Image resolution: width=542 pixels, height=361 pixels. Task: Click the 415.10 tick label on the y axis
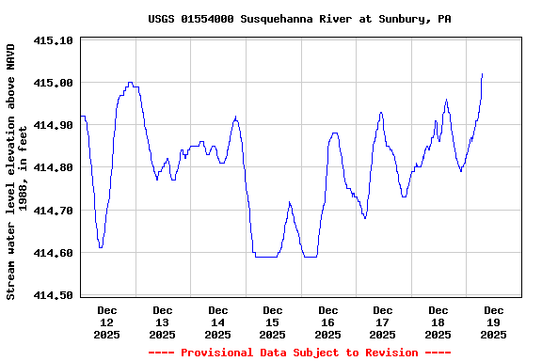(x=53, y=40)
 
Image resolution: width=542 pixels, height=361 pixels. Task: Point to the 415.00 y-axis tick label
(x=53, y=83)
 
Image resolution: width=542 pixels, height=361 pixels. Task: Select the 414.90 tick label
(x=53, y=125)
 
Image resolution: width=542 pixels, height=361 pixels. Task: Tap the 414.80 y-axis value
(x=53, y=167)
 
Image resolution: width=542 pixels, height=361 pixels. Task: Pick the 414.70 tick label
(x=53, y=211)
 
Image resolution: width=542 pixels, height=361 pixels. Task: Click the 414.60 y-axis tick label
(x=53, y=253)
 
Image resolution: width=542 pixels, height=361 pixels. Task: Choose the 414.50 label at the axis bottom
(x=53, y=295)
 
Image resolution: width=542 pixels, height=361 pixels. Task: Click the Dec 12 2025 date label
(x=107, y=322)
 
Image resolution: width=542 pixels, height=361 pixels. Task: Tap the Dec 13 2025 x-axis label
(x=163, y=322)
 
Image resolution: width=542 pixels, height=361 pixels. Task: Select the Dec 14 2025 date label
(x=217, y=322)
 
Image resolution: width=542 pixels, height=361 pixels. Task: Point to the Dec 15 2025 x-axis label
(x=273, y=322)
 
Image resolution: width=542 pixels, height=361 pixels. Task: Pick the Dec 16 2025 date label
(x=327, y=322)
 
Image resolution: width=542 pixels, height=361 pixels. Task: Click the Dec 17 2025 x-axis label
(x=383, y=322)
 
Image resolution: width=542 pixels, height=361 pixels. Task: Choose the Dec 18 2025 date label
(x=438, y=322)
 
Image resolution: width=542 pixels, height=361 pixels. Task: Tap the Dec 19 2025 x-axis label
(x=493, y=322)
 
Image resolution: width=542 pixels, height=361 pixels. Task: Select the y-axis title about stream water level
(x=18, y=171)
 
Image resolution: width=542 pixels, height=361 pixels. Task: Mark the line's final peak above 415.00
(x=482, y=74)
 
